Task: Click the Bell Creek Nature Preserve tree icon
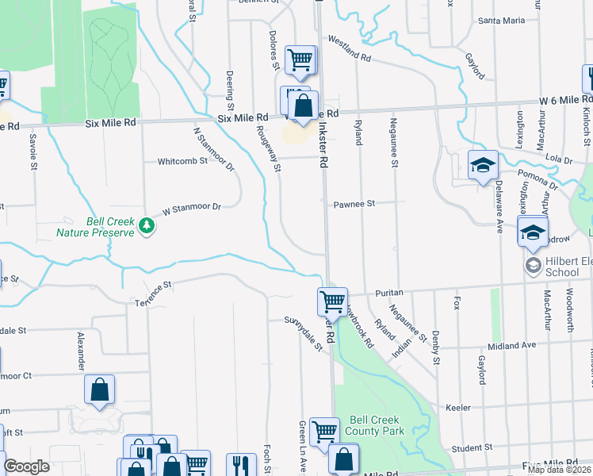pyautogui.click(x=146, y=226)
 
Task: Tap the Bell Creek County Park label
pyautogui.click(x=377, y=425)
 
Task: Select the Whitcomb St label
pyautogui.click(x=182, y=160)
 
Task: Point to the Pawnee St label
pyautogui.click(x=353, y=204)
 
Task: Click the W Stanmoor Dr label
pyautogui.click(x=190, y=209)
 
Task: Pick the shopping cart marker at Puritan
pyautogui.click(x=332, y=301)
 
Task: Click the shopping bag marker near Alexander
pyautogui.click(x=100, y=390)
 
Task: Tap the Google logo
pyautogui.click(x=26, y=466)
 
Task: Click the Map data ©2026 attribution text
pyautogui.click(x=559, y=470)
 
